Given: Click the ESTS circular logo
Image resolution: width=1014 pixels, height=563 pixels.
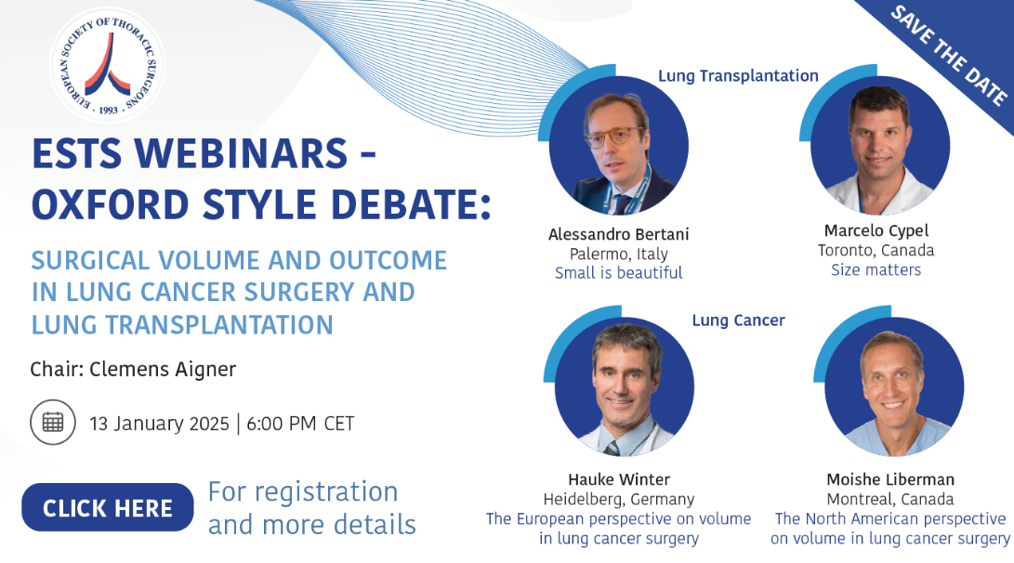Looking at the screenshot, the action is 108,65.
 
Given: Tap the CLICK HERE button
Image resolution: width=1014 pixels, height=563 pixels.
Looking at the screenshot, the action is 108,507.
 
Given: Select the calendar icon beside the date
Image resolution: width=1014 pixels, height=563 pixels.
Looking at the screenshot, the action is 53,422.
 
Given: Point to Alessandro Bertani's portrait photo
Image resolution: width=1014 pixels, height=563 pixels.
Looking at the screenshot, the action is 619,146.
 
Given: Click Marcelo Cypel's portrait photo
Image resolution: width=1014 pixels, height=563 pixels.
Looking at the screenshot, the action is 880,146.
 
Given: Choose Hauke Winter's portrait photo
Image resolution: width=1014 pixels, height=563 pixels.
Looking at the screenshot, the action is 624,387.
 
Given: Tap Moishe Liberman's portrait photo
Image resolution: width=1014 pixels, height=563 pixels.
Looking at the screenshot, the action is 894,387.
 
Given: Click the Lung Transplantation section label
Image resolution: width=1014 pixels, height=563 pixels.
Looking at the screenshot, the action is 738,75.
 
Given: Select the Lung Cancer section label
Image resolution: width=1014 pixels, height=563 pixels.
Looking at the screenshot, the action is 739,320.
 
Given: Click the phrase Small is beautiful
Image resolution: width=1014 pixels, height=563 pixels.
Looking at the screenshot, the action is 618,273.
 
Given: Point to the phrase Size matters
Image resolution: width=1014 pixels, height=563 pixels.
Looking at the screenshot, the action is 876,269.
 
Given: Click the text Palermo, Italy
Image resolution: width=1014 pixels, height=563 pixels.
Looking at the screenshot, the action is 618,254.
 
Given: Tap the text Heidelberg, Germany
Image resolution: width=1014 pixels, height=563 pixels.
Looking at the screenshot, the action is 619,499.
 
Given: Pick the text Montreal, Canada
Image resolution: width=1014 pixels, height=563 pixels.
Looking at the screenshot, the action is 889,499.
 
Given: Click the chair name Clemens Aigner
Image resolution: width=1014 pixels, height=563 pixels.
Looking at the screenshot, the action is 163,369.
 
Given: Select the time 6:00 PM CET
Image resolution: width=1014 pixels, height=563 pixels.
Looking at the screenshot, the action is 301,424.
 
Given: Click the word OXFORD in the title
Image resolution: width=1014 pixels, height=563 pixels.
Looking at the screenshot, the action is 110,204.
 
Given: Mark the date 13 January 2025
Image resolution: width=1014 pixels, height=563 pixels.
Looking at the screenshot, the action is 159,424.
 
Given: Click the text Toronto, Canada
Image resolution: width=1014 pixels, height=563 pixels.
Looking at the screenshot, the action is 876,250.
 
